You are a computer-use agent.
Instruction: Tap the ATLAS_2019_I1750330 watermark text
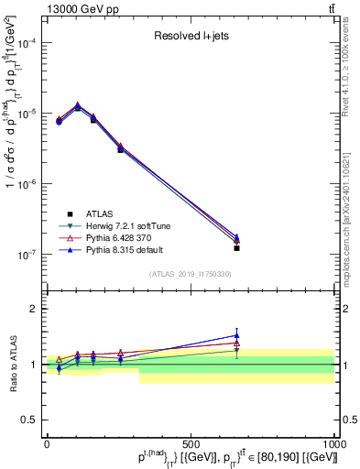coord(191,274)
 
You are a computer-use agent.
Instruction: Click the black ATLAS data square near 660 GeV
coord(236,248)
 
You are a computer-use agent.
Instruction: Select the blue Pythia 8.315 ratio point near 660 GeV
coord(236,335)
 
